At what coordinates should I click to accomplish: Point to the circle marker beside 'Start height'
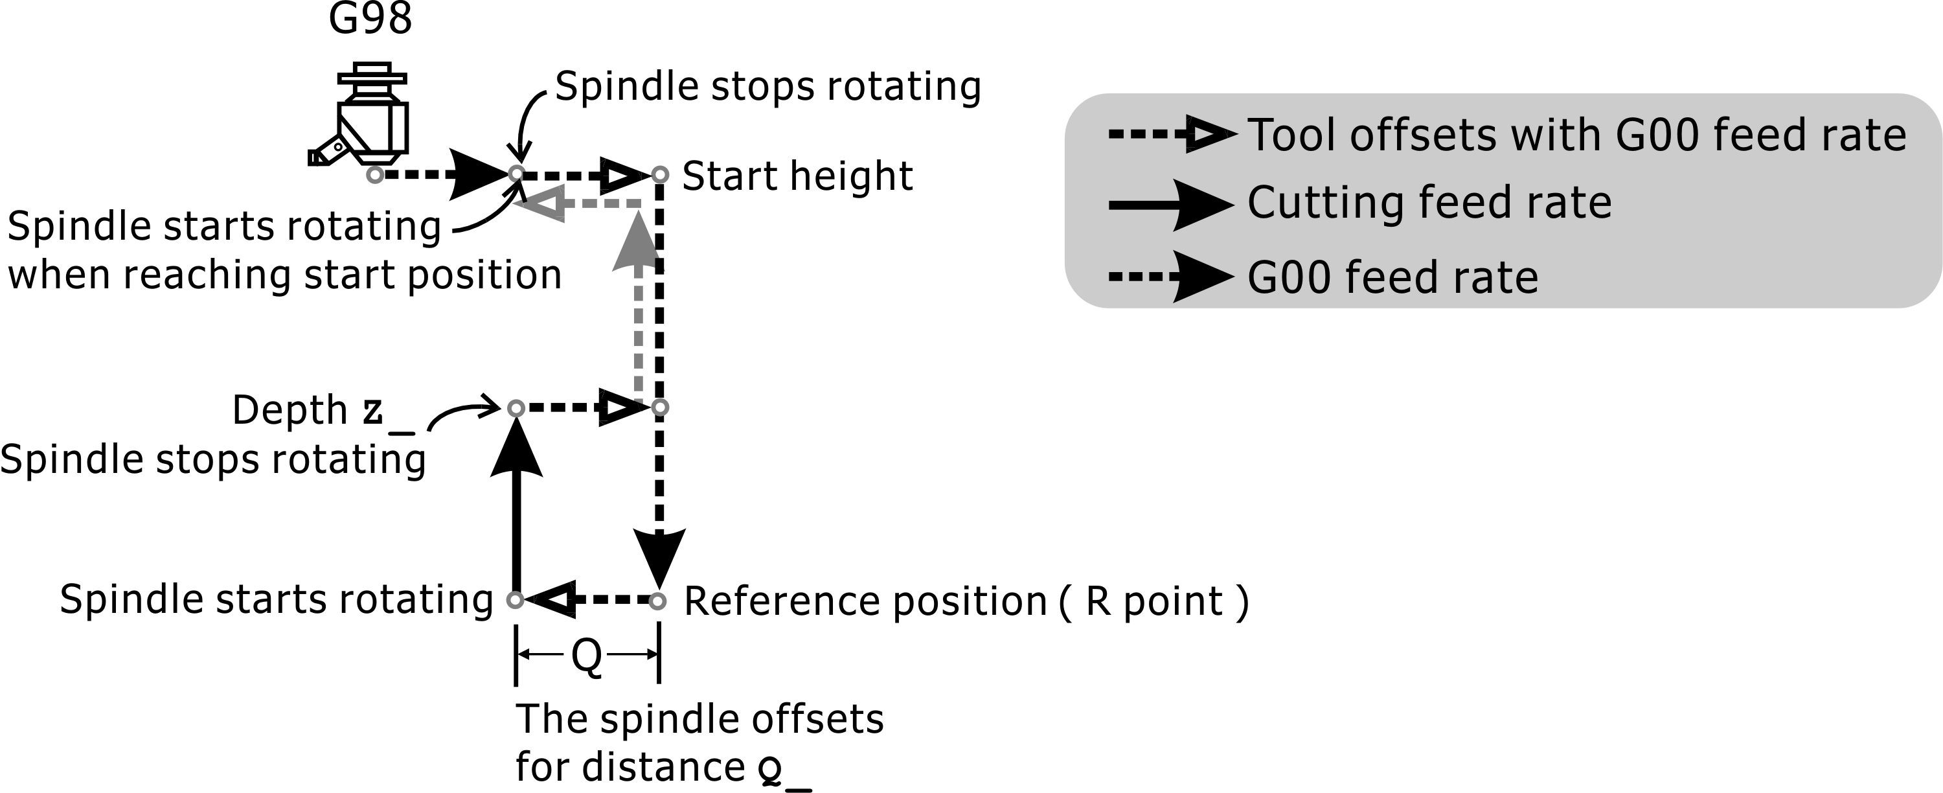pos(660,175)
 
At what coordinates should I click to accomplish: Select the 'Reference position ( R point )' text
pos(966,601)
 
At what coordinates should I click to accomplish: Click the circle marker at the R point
pos(658,601)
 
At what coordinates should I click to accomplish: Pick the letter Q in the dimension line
pos(587,654)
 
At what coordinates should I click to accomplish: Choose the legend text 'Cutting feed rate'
pos(1429,203)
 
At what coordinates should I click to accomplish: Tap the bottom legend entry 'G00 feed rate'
pos(1392,278)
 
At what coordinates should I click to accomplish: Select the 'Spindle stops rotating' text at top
pos(768,86)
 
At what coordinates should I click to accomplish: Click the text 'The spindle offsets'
pos(699,718)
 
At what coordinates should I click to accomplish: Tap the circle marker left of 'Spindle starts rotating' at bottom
pos(515,600)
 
